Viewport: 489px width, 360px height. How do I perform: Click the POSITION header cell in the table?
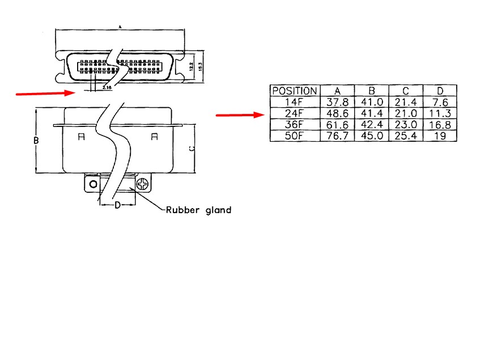tap(295, 91)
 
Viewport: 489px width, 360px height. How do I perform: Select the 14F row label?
tap(295, 102)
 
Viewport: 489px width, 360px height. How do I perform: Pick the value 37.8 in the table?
tap(338, 102)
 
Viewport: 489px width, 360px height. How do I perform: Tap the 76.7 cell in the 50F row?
tap(338, 136)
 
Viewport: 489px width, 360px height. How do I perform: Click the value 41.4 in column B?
tap(372, 113)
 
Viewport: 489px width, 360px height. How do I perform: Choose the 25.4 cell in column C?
tap(406, 136)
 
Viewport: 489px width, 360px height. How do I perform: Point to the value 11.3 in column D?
tap(440, 113)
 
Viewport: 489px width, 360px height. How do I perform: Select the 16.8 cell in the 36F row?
tap(440, 125)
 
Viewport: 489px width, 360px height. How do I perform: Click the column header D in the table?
tap(440, 91)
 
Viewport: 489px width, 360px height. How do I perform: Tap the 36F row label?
tap(295, 125)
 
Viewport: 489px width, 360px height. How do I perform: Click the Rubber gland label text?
tap(198, 210)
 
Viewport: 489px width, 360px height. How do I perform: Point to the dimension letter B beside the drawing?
tap(36, 140)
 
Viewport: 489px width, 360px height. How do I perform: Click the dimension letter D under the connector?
tap(117, 205)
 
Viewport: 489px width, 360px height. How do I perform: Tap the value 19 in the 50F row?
tap(440, 136)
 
